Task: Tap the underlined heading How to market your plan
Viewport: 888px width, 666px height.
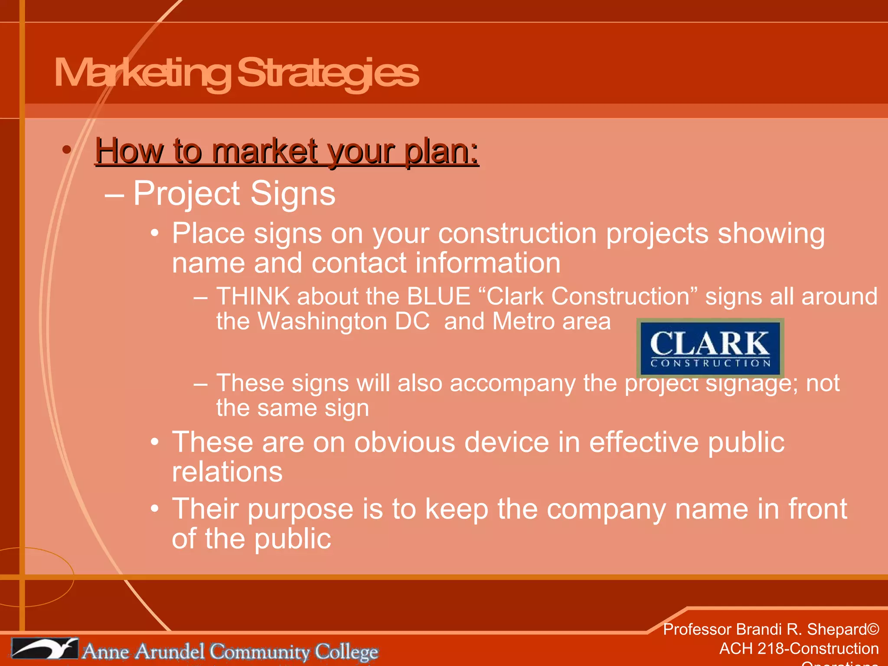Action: pyautogui.click(x=287, y=151)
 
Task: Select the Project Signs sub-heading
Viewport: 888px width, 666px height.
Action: pyautogui.click(x=234, y=193)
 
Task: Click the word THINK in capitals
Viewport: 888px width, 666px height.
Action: pyautogui.click(x=253, y=297)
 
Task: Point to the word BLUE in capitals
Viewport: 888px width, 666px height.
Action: pyautogui.click(x=438, y=297)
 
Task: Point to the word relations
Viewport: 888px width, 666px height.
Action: pyautogui.click(x=227, y=472)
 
